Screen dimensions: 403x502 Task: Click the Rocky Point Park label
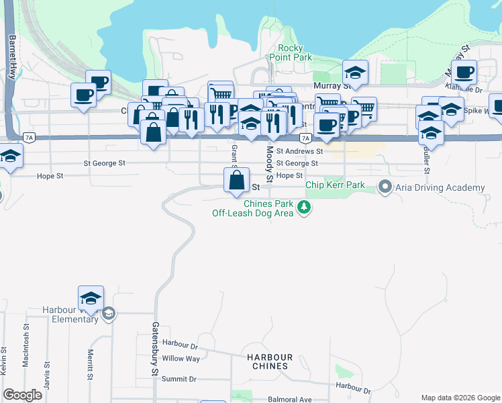coord(295,53)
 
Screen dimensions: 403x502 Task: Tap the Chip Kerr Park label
coord(335,185)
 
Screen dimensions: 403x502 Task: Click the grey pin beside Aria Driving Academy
coord(385,187)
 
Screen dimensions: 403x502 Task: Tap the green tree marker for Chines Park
coord(305,208)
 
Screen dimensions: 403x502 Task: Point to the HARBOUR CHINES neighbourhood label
coord(269,361)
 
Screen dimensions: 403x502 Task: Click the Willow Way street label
coord(181,359)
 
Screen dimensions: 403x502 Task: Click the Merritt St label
coord(89,364)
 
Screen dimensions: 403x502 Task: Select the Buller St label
coord(426,159)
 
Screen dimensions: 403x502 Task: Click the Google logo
coord(23,395)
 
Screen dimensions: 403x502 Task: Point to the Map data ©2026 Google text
coord(460,398)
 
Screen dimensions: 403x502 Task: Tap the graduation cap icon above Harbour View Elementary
coord(91,298)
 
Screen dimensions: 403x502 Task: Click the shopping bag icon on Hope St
coord(237,180)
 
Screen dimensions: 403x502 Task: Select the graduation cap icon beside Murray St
coord(355,72)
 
